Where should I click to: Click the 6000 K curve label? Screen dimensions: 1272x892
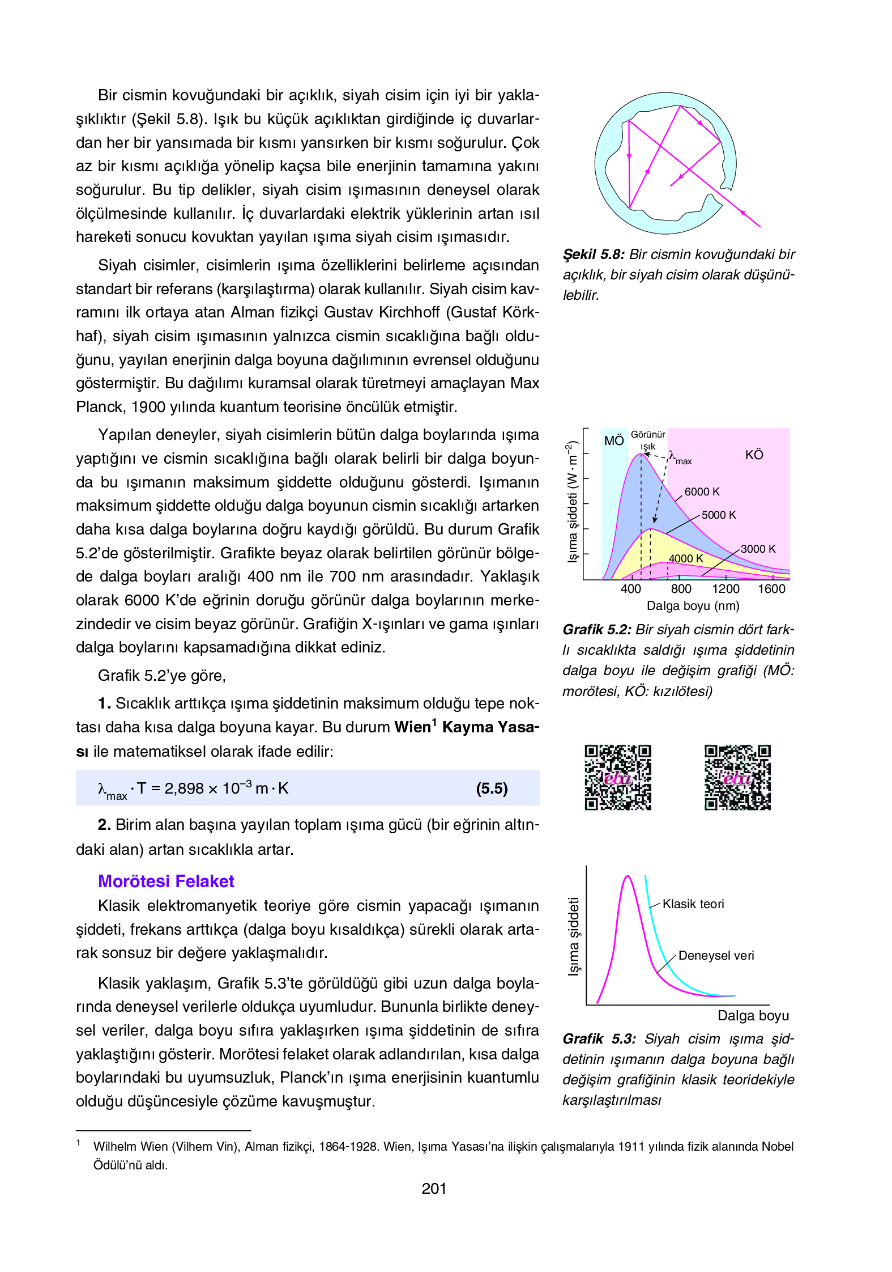pyautogui.click(x=702, y=492)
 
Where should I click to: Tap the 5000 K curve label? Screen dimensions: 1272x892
pyautogui.click(x=719, y=515)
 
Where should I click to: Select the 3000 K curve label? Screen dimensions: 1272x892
pyautogui.click(x=758, y=549)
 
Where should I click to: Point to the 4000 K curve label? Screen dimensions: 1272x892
pyautogui.click(x=686, y=559)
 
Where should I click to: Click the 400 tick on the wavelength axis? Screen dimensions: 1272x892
pyautogui.click(x=630, y=589)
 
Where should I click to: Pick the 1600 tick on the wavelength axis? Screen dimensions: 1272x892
pyautogui.click(x=771, y=589)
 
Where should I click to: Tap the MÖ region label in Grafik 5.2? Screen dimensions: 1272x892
pyautogui.click(x=614, y=441)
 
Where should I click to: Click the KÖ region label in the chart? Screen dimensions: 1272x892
pyautogui.click(x=754, y=455)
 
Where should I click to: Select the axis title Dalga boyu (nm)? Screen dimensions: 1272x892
pyautogui.click(x=693, y=606)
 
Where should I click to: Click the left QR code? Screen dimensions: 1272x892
pyautogui.click(x=618, y=778)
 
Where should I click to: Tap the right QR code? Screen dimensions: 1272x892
pyautogui.click(x=737, y=778)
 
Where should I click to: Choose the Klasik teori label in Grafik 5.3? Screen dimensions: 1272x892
pyautogui.click(x=693, y=904)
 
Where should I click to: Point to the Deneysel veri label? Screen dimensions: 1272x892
pyautogui.click(x=716, y=956)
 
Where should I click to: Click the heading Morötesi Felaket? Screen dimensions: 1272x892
pyautogui.click(x=166, y=881)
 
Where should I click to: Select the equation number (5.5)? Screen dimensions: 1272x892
pyautogui.click(x=492, y=788)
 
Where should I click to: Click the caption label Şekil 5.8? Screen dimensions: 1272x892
pyautogui.click(x=594, y=255)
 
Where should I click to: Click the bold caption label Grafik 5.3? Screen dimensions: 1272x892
pyautogui.click(x=599, y=1039)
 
